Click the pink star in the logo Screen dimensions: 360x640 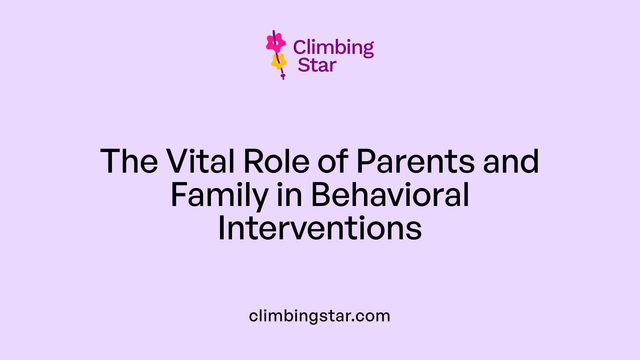(276, 43)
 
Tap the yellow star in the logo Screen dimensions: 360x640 (279, 61)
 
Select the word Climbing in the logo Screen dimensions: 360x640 (333, 47)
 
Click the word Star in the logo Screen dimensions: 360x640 (317, 65)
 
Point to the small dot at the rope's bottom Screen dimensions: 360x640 (283, 76)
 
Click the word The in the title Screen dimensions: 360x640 (129, 162)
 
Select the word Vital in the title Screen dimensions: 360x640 (201, 162)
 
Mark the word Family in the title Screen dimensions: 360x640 (219, 196)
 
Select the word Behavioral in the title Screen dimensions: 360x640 (390, 196)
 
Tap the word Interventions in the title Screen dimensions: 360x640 (320, 229)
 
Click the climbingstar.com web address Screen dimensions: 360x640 (319, 316)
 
